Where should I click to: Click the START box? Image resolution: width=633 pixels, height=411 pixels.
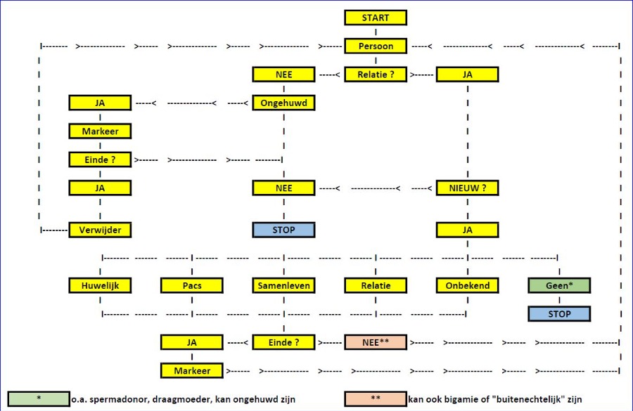click(376, 18)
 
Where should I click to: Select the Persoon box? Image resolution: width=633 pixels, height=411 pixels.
click(376, 46)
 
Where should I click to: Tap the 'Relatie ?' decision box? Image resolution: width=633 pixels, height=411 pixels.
click(376, 74)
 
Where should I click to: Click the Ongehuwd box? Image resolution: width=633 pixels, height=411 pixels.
click(283, 103)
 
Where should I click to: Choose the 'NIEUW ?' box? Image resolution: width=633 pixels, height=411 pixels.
click(467, 188)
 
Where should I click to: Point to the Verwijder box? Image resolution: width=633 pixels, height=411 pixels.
click(100, 230)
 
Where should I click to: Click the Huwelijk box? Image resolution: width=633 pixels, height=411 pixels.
click(100, 286)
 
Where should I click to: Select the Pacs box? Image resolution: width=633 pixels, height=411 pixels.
click(192, 286)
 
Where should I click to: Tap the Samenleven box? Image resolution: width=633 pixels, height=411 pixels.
click(283, 286)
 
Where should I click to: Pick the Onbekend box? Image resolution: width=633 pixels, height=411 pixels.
click(467, 286)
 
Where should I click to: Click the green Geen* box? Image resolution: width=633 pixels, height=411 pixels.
click(559, 286)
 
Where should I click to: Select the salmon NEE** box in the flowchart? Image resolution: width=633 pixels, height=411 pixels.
click(376, 342)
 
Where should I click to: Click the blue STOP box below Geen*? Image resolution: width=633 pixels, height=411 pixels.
click(559, 314)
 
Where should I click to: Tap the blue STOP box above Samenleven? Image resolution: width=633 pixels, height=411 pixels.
click(283, 230)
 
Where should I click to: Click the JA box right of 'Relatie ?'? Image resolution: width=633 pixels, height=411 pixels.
click(467, 74)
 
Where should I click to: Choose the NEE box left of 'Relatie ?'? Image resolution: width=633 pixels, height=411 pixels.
click(283, 74)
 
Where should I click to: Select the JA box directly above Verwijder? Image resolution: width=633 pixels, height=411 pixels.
click(100, 188)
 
